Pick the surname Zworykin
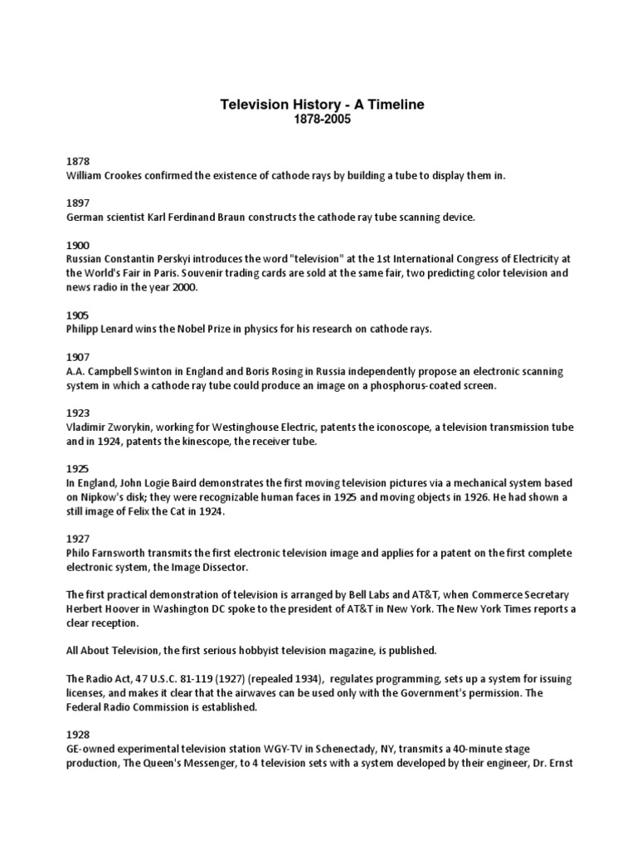pos(132,427)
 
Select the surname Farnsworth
pos(125,554)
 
